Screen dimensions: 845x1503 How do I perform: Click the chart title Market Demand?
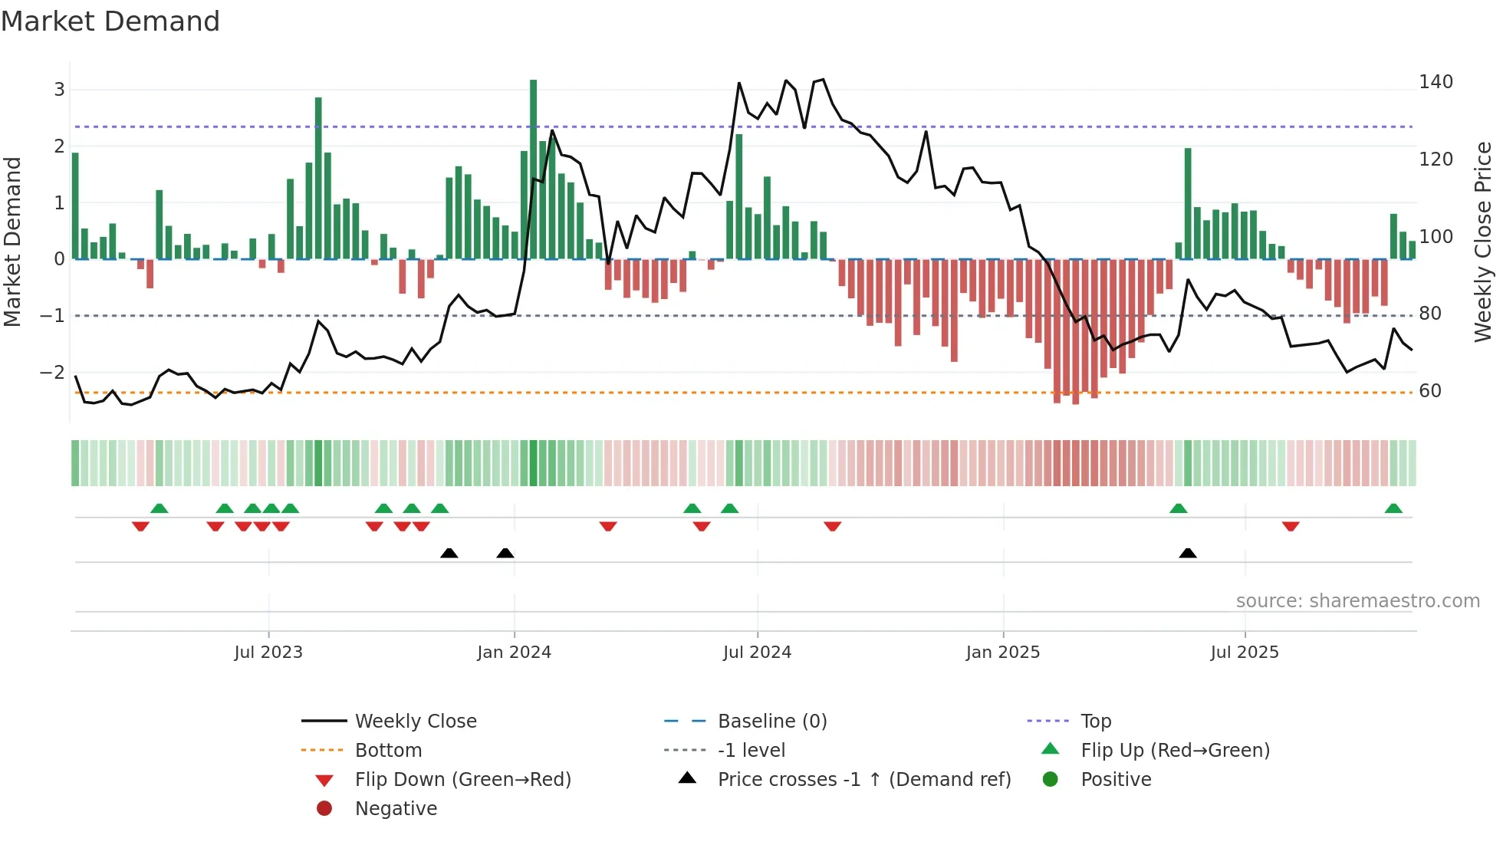[110, 21]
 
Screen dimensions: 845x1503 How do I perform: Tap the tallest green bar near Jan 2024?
[533, 169]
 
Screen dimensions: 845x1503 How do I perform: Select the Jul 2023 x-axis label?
[268, 653]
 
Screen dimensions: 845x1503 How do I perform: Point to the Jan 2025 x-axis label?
[1002, 653]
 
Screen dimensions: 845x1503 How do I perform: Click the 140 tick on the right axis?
[1436, 82]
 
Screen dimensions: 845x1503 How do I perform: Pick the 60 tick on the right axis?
[1429, 391]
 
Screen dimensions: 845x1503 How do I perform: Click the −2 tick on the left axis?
[52, 373]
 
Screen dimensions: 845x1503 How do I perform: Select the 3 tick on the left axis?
[59, 90]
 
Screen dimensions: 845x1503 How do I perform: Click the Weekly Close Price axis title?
[1483, 242]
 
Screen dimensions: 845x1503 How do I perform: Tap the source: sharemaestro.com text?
[1357, 601]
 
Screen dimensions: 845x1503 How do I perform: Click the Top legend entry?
[1095, 722]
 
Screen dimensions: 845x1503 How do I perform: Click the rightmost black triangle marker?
[1187, 554]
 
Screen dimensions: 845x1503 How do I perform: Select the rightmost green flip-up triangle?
[1393, 508]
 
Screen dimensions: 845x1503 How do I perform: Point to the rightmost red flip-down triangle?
[1290, 526]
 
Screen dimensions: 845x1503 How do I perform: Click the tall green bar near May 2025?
[1187, 203]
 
